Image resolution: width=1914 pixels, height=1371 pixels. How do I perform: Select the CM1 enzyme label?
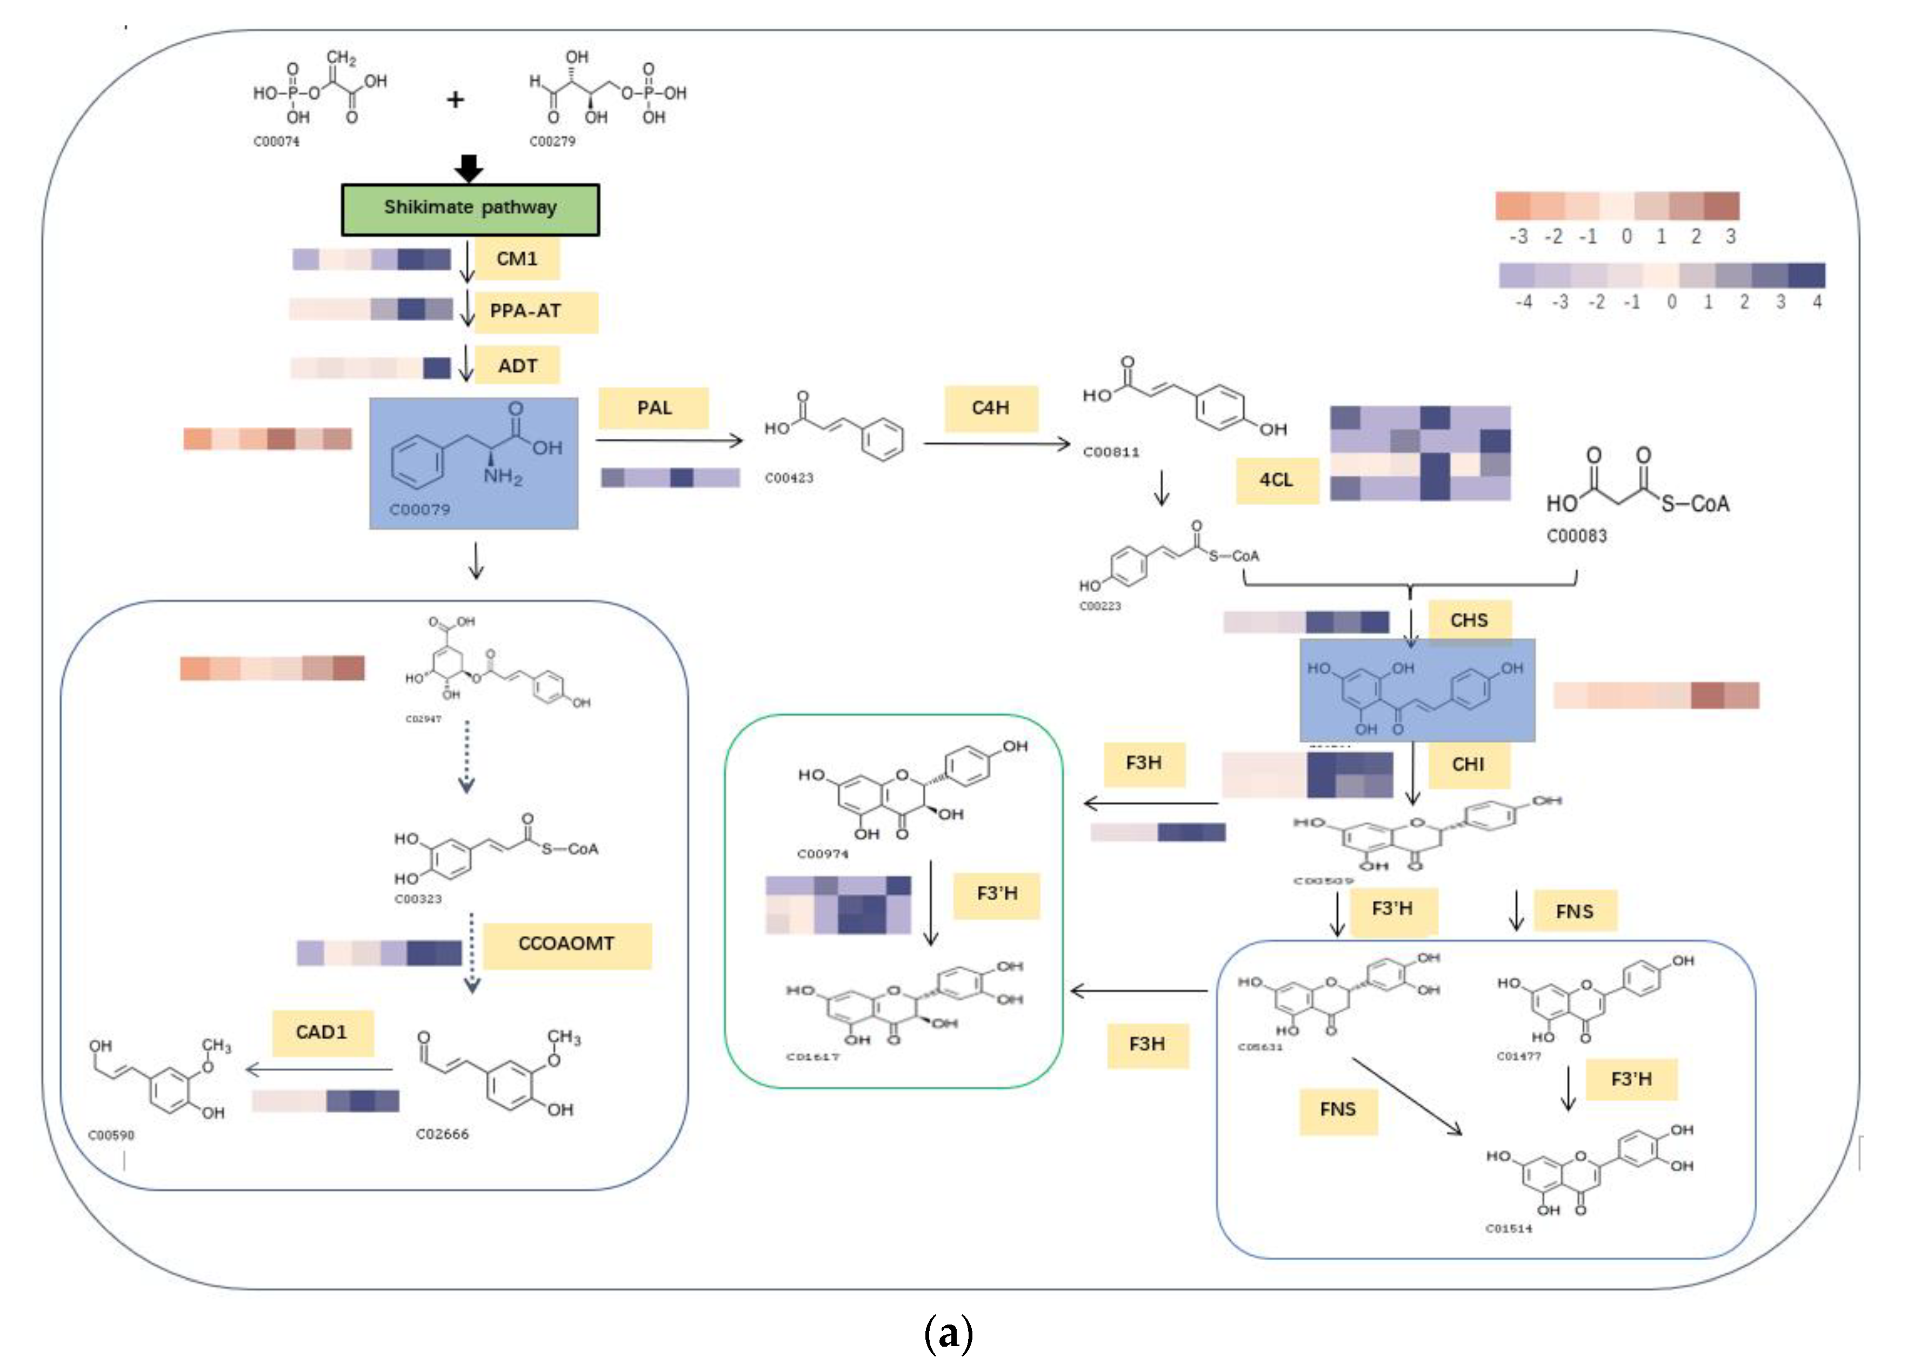(517, 258)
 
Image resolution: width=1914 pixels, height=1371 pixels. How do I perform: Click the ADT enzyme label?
(517, 365)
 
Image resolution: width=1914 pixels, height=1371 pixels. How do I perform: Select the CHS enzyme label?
(1469, 620)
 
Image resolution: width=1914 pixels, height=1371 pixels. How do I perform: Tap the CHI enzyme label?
(1468, 764)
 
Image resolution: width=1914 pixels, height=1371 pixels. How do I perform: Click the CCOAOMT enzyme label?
(566, 943)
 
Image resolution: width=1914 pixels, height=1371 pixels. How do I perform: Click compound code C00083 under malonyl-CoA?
(1576, 536)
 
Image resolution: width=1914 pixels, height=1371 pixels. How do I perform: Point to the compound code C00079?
(419, 510)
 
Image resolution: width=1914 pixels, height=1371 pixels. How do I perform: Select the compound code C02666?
(442, 1134)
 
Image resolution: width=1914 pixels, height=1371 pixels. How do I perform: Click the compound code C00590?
(111, 1135)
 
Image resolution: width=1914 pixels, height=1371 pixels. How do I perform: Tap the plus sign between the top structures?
(455, 99)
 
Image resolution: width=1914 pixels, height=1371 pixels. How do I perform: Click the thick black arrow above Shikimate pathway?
(469, 168)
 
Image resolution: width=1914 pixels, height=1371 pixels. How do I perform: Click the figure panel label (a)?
(949, 1334)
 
